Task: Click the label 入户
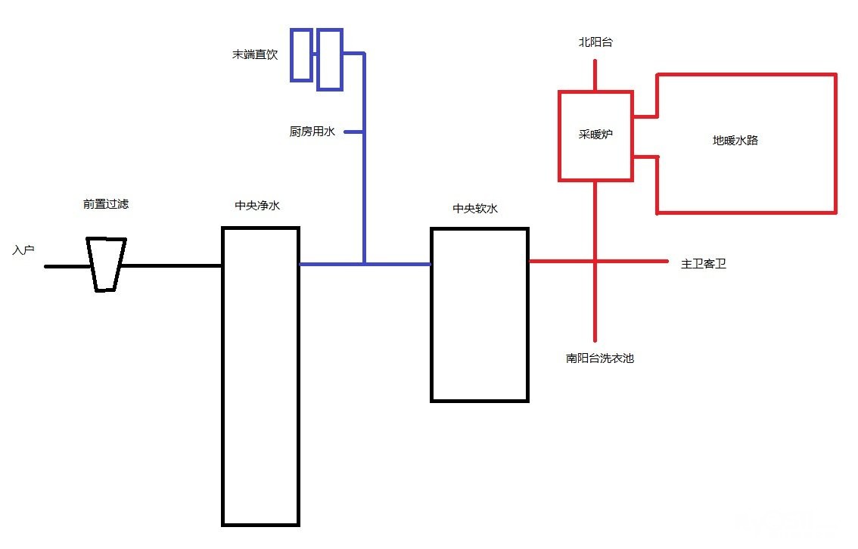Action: click(x=23, y=250)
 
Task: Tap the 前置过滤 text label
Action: click(x=106, y=204)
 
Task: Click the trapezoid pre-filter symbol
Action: click(x=106, y=265)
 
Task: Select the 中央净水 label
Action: click(x=257, y=205)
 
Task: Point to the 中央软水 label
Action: click(x=475, y=208)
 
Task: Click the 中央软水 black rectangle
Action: click(x=479, y=314)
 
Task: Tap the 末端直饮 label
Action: click(x=255, y=55)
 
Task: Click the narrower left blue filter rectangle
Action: click(x=301, y=54)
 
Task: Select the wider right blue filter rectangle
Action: click(x=329, y=59)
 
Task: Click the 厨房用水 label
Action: click(x=312, y=132)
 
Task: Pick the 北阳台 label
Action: click(x=595, y=43)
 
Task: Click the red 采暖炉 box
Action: click(x=595, y=136)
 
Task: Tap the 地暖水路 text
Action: click(x=735, y=140)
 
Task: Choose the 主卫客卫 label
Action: click(x=704, y=264)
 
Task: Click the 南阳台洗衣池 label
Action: click(x=599, y=358)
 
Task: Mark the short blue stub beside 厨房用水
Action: click(x=354, y=132)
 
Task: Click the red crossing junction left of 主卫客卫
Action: click(x=595, y=261)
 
